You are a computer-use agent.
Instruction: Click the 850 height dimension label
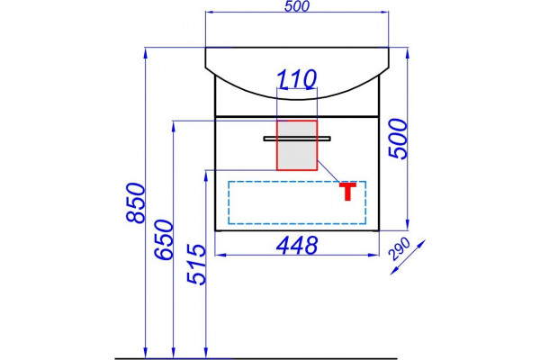(x=136, y=203)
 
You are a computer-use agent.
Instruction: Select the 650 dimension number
(x=164, y=239)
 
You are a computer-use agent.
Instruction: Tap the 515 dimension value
(x=196, y=265)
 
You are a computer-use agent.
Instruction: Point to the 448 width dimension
(x=297, y=246)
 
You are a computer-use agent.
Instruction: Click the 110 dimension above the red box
(x=296, y=79)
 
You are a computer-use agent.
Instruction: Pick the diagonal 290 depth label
(x=400, y=249)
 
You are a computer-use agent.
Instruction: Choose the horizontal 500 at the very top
(x=297, y=6)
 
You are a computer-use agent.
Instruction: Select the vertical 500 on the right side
(x=398, y=139)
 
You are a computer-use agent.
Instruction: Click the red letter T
(x=347, y=192)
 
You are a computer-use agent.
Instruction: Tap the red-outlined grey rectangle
(x=297, y=145)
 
